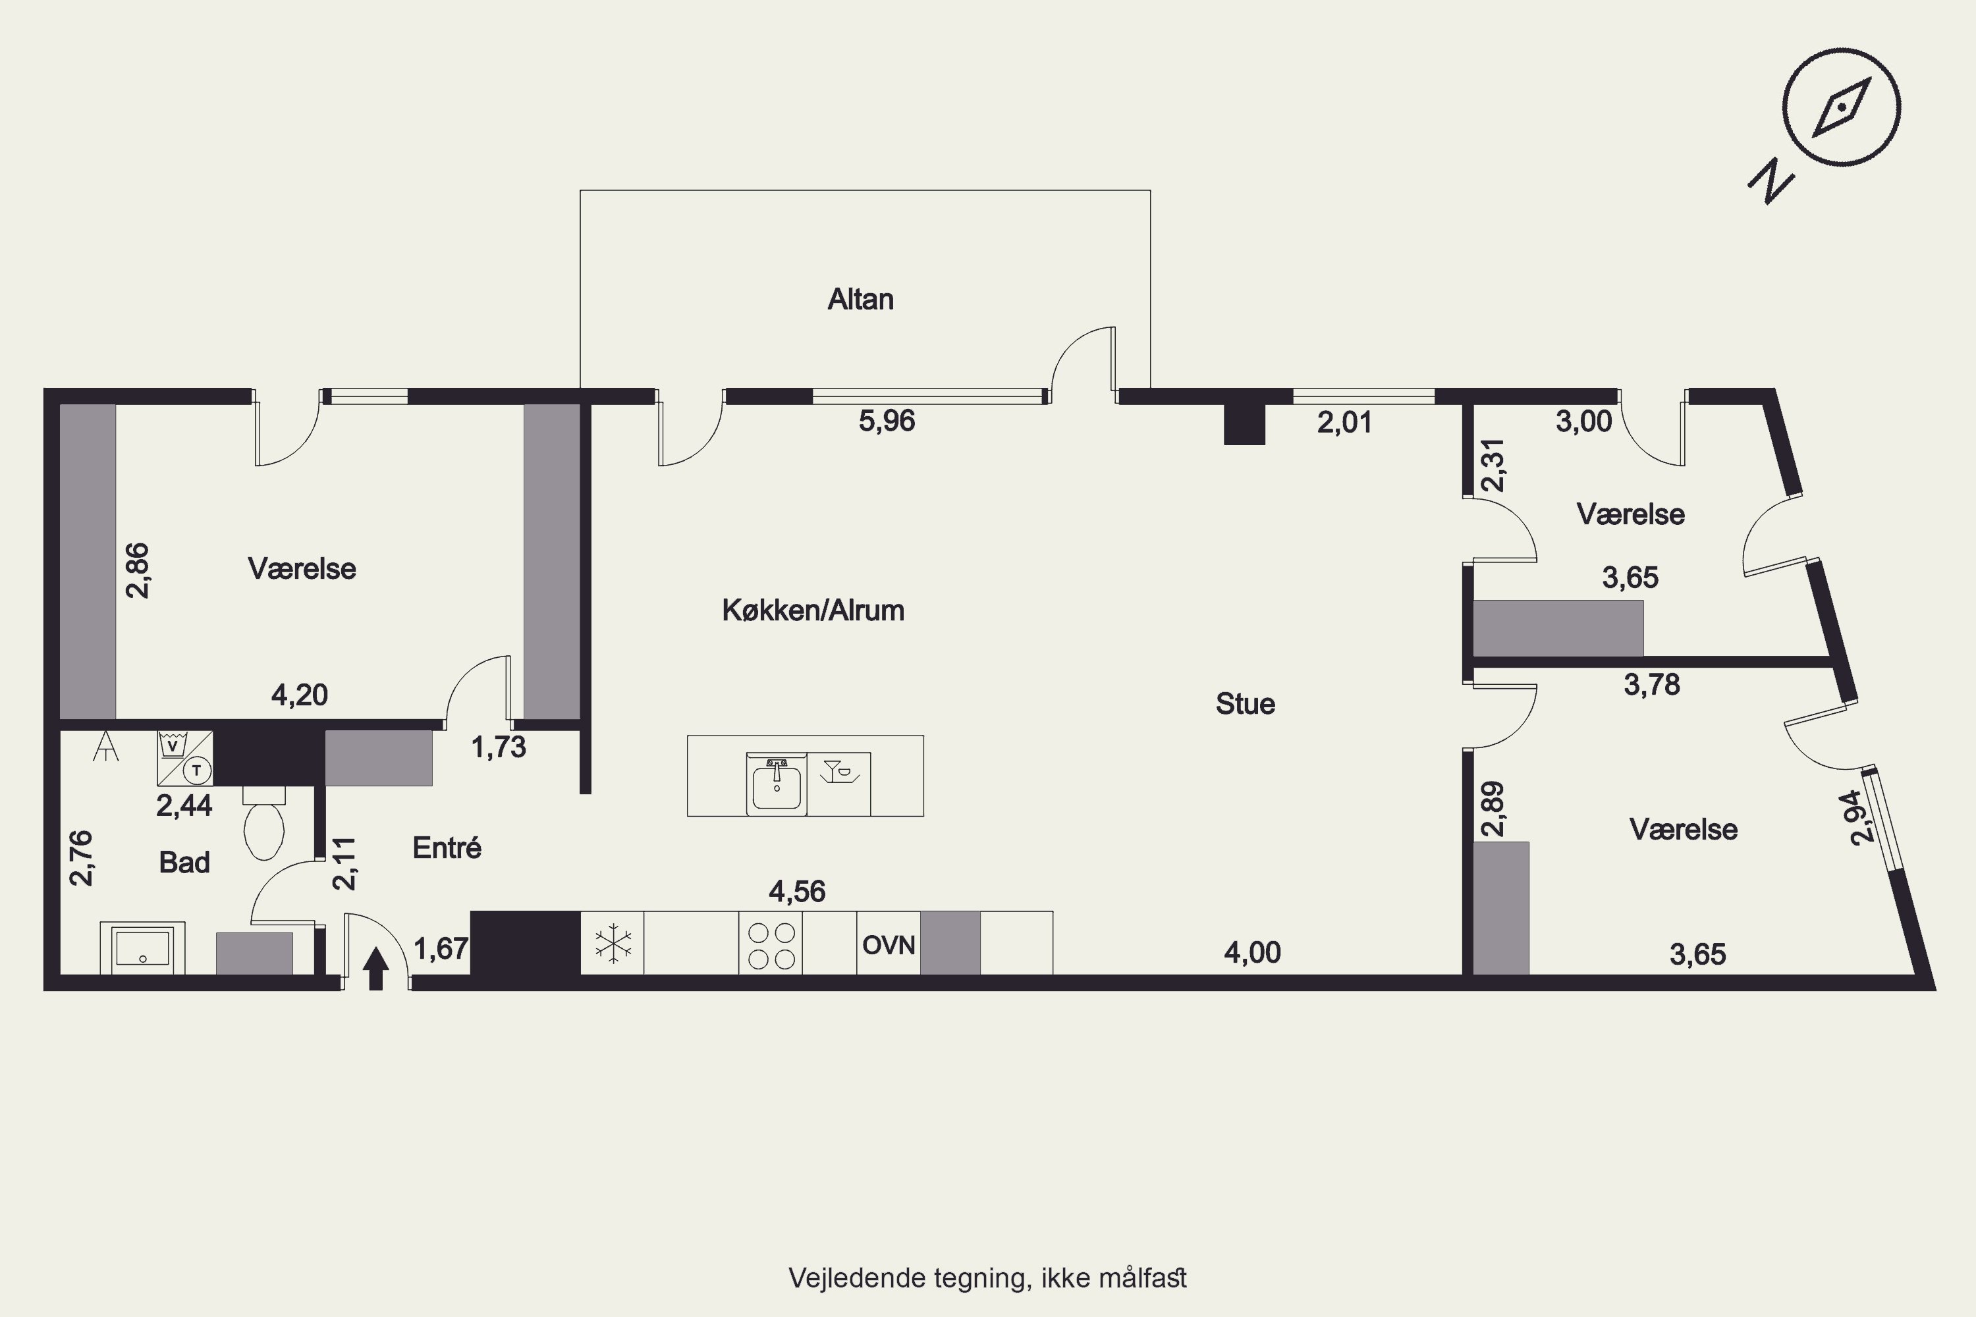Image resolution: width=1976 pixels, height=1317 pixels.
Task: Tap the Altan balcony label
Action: pyautogui.click(x=860, y=299)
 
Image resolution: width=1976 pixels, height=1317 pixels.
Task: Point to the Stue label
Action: pyautogui.click(x=1245, y=704)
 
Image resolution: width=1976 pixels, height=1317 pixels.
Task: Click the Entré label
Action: pyautogui.click(x=447, y=847)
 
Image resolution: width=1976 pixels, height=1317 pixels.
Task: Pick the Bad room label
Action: pyautogui.click(x=184, y=862)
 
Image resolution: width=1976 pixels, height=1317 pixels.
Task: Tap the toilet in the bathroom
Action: pyautogui.click(x=264, y=822)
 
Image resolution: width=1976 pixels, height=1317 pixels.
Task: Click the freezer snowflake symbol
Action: pyautogui.click(x=613, y=943)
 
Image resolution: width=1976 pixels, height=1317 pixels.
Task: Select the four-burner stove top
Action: pyautogui.click(x=771, y=945)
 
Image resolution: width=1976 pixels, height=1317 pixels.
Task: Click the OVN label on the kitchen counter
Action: pyautogui.click(x=888, y=945)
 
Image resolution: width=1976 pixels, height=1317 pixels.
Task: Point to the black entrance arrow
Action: pyautogui.click(x=375, y=969)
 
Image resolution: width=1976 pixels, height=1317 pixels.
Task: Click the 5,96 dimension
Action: pyautogui.click(x=887, y=421)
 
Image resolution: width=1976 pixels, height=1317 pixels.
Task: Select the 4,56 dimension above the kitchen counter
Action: pyautogui.click(x=797, y=891)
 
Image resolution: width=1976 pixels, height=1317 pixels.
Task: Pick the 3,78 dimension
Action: pyautogui.click(x=1652, y=685)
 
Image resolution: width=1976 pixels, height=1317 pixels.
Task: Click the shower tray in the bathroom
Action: pyautogui.click(x=143, y=948)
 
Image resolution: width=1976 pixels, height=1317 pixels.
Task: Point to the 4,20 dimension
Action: pyautogui.click(x=299, y=695)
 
